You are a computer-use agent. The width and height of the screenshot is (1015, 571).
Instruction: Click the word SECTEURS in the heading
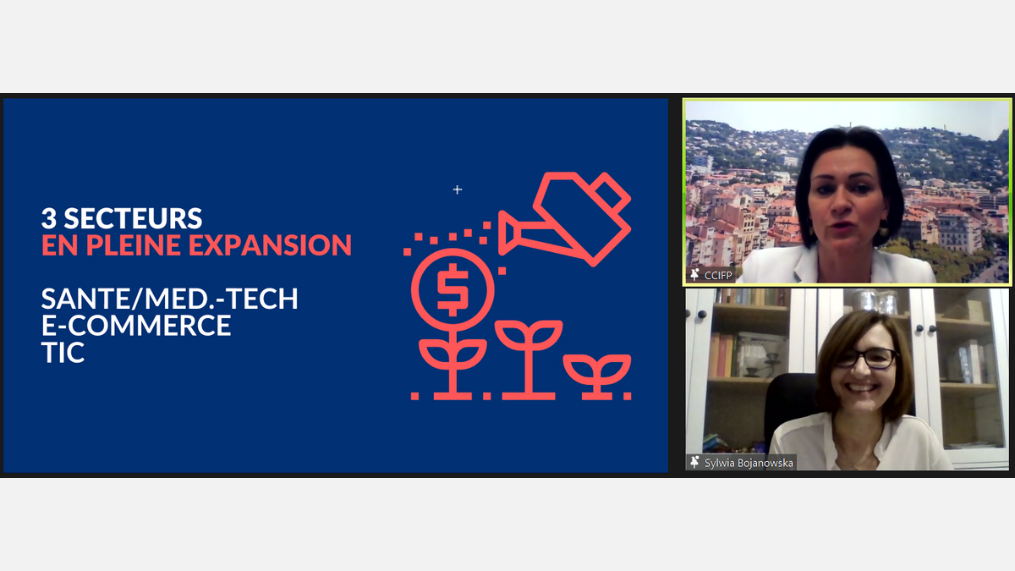[133, 218]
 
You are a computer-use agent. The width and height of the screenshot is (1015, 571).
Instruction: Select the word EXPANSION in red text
[270, 245]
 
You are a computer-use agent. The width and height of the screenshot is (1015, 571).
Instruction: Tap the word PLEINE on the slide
[134, 245]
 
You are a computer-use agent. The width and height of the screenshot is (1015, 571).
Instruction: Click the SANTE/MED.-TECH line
[169, 299]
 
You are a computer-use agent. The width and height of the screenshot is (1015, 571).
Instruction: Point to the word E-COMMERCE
[136, 326]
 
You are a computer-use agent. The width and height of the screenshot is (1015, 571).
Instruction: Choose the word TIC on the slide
[63, 353]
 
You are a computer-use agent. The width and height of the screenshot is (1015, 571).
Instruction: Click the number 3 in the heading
[49, 218]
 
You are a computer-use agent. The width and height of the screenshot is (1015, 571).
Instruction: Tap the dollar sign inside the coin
[453, 289]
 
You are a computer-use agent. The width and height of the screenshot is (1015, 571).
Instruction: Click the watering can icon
[565, 219]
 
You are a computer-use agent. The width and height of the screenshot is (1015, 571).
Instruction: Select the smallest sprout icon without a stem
[597, 376]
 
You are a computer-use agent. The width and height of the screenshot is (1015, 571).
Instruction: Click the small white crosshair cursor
[458, 189]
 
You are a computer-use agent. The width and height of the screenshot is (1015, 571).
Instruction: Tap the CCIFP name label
[718, 275]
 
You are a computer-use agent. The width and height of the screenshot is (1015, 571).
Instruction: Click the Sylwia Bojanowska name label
[749, 463]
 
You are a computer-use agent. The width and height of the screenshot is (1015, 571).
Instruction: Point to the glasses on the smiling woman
[866, 359]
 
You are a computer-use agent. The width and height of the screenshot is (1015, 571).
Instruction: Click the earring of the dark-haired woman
[884, 227]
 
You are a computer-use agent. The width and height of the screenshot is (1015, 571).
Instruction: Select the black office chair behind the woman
[791, 407]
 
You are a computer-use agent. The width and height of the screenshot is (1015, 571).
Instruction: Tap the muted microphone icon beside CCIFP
[694, 274]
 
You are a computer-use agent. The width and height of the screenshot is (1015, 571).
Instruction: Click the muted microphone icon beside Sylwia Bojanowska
[694, 462]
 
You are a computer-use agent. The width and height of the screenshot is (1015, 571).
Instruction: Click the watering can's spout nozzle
[507, 233]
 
